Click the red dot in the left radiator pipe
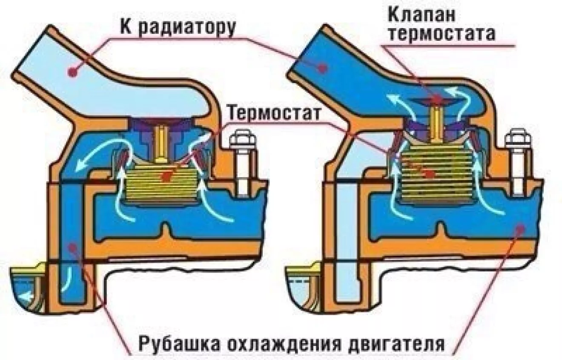pos(73,72)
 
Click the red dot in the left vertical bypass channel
pos(74,245)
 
